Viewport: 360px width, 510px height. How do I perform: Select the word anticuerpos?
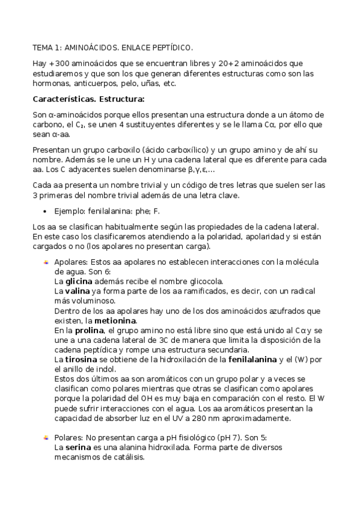94,84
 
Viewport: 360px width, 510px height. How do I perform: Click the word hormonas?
51,84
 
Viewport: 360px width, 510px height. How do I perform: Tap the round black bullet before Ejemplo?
46,211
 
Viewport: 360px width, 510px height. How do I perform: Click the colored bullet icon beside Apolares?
46,262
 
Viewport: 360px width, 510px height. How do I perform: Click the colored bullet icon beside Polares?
46,438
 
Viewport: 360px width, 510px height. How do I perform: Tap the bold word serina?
76,447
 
